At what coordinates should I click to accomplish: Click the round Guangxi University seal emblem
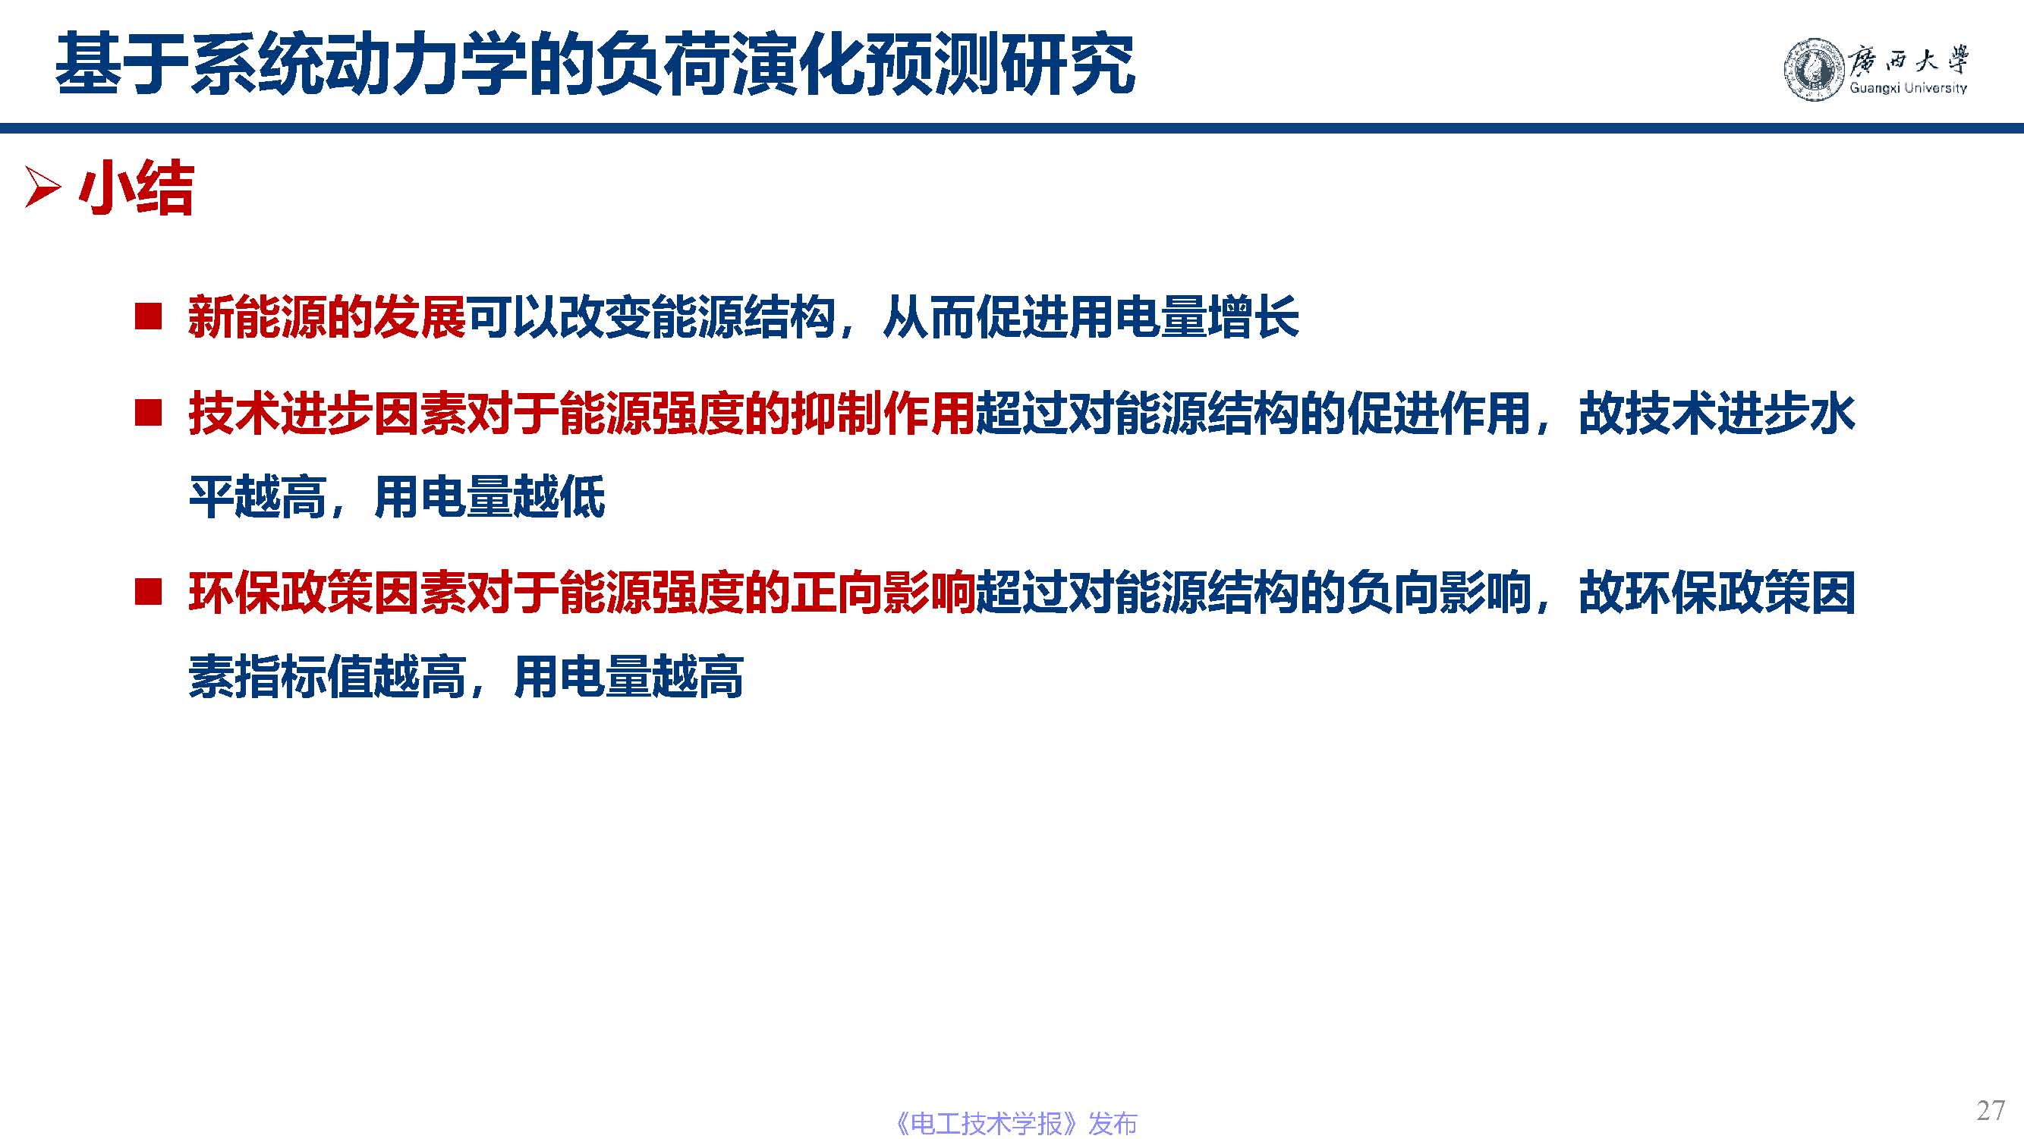click(x=1815, y=69)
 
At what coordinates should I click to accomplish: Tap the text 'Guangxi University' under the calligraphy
click(x=1908, y=88)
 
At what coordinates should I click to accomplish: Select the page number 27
click(x=1990, y=1110)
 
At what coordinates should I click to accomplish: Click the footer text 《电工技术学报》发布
click(x=1015, y=1123)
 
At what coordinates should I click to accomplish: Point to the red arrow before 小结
click(x=43, y=187)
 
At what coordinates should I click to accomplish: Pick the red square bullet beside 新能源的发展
click(x=148, y=316)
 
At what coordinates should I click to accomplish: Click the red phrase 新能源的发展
click(x=327, y=317)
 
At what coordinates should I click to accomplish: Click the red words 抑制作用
click(x=883, y=414)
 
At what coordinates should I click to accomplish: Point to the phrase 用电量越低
click(x=489, y=496)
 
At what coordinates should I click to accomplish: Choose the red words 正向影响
click(x=883, y=593)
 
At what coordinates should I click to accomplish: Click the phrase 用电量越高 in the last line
click(x=628, y=676)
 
